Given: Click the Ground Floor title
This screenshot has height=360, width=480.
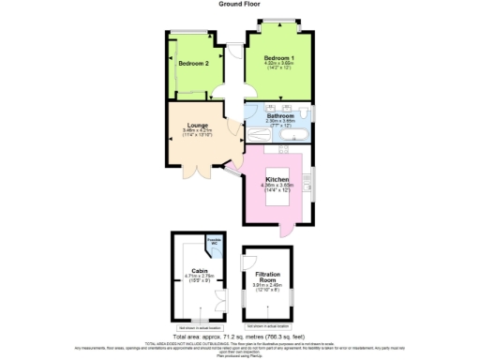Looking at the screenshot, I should pyautogui.click(x=239, y=4).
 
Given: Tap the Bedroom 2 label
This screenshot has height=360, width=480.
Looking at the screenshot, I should pyautogui.click(x=193, y=63).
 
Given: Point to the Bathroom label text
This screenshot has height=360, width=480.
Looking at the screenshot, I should pyautogui.click(x=280, y=115).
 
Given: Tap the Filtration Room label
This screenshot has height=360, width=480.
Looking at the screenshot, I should pyautogui.click(x=267, y=277).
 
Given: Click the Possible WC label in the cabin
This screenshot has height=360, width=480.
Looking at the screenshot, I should pyautogui.click(x=214, y=243).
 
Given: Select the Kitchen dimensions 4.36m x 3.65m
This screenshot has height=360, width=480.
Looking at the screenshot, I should pyautogui.click(x=277, y=186).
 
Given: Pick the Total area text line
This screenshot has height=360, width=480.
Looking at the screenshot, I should pyautogui.click(x=239, y=336).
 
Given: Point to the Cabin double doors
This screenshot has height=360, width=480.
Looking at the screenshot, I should pyautogui.click(x=221, y=298).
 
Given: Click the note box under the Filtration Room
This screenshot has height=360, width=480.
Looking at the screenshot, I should pyautogui.click(x=267, y=325).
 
